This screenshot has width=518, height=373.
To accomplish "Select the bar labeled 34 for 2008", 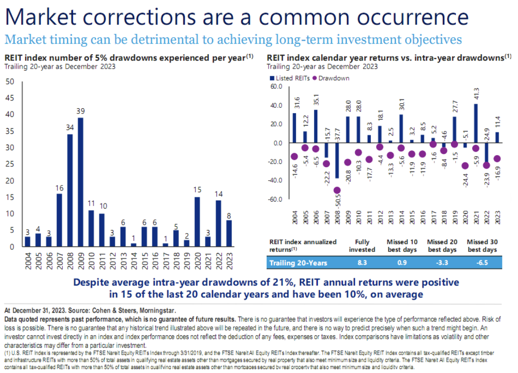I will click(x=70, y=190).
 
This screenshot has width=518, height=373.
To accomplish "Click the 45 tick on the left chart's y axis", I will click(x=10, y=98).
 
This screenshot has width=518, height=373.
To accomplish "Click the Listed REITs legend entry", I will click(x=288, y=78).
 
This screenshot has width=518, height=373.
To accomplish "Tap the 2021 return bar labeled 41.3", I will click(x=476, y=123).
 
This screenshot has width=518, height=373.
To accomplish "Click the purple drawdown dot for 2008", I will click(x=337, y=190).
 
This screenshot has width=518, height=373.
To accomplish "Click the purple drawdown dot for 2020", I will click(x=465, y=166).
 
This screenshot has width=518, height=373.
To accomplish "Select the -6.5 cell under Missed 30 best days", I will click(x=481, y=263).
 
